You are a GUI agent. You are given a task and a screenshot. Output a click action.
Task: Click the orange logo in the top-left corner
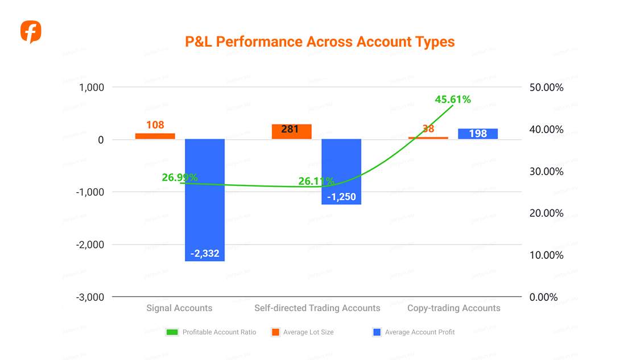click(x=31, y=32)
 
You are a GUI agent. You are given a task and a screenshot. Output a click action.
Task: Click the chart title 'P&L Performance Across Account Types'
click(x=320, y=42)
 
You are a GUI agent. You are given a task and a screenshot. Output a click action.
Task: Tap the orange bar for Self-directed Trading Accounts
click(x=291, y=131)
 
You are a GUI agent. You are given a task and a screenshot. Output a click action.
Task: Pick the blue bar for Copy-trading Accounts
click(x=478, y=134)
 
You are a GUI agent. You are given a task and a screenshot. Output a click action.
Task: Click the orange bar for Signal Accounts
click(x=155, y=136)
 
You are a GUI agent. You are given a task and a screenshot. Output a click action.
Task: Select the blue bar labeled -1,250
click(x=341, y=171)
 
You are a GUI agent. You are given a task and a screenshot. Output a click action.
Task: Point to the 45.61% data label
click(x=453, y=100)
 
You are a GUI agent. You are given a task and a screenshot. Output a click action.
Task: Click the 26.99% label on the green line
click(x=180, y=177)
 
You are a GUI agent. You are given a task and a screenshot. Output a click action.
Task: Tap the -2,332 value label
click(x=205, y=254)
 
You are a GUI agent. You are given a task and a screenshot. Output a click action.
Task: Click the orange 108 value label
click(x=155, y=125)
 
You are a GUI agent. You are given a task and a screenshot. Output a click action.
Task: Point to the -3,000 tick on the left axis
click(x=90, y=297)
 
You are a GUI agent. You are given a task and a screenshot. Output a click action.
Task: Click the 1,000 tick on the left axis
click(x=92, y=88)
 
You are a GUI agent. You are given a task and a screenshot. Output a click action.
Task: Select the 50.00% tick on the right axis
click(x=546, y=88)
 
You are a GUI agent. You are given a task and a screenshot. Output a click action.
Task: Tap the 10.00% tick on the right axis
click(x=546, y=255)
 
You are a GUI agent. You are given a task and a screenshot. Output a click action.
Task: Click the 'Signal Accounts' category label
click(x=179, y=308)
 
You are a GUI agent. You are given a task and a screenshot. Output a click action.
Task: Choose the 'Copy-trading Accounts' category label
click(x=453, y=308)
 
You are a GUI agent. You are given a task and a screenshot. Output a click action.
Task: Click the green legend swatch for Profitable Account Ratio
click(x=172, y=332)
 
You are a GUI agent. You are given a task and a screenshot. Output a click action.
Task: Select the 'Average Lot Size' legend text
click(x=308, y=332)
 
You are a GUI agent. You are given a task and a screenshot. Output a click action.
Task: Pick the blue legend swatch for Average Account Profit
click(x=376, y=332)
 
